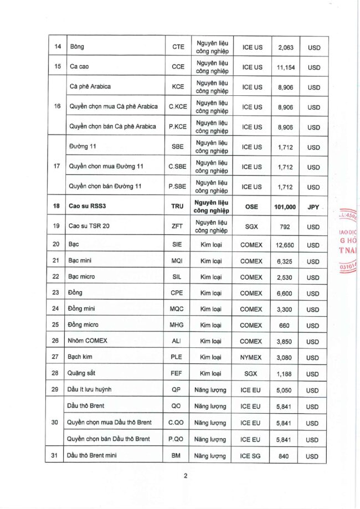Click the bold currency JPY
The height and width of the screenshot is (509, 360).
pos(313,207)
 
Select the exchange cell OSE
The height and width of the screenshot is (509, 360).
pos(252,207)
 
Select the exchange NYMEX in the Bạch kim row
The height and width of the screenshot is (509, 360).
pos(252,358)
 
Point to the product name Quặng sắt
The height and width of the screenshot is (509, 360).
pos(80,374)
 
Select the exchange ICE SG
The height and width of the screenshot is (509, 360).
pos(252,456)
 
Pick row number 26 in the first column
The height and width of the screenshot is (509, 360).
pos(55,342)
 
